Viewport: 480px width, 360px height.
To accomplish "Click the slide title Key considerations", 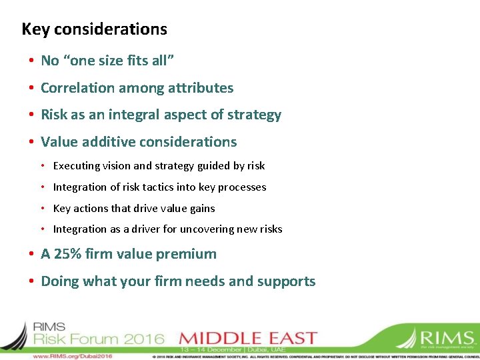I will pos(94,29).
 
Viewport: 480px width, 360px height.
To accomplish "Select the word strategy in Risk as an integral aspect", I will pos(254,115).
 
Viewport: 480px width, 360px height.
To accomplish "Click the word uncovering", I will pos(209,229).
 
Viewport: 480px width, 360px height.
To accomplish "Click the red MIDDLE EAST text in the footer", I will pos(248,338).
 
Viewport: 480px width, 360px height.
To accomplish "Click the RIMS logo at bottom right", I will pos(437,338).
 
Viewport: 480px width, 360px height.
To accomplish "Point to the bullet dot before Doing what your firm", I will pos(31,281).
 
